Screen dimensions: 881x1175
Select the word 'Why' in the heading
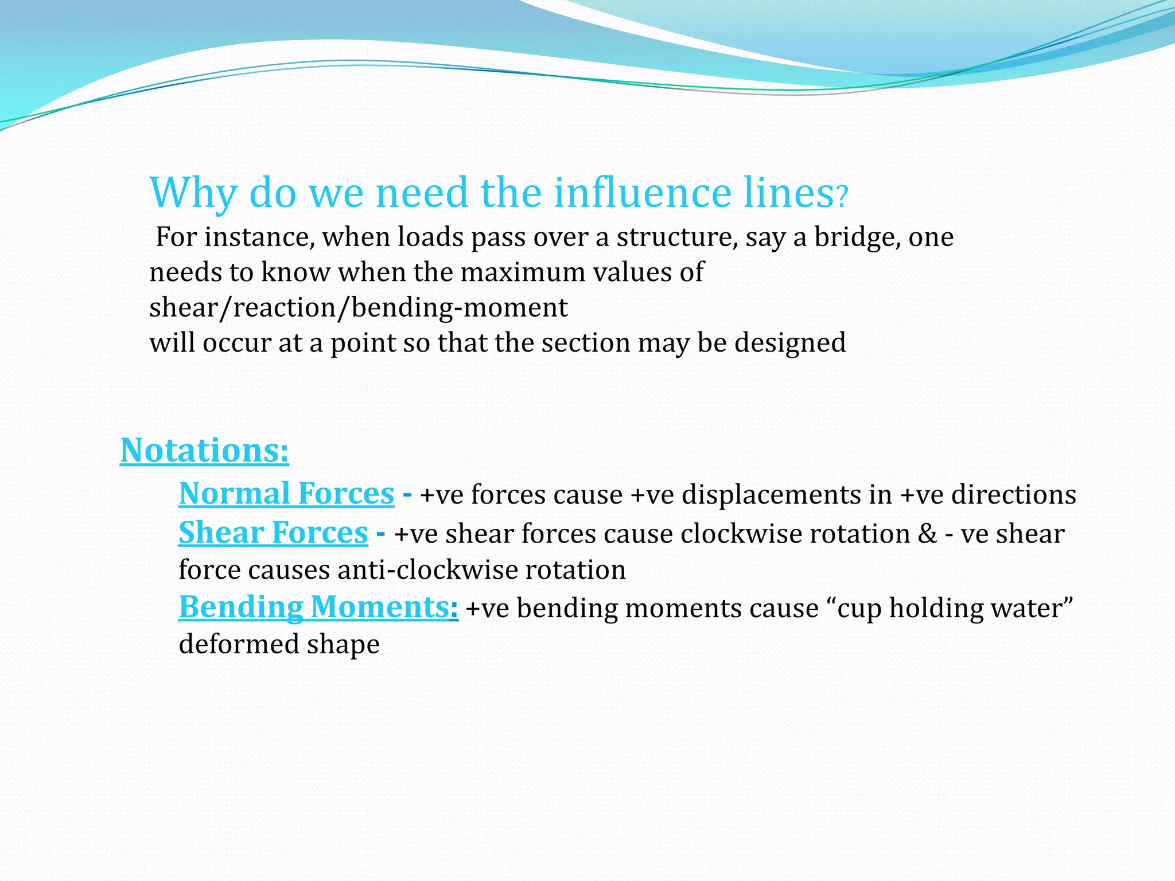pyautogui.click(x=193, y=194)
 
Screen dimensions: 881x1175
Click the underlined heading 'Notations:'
pyautogui.click(x=204, y=450)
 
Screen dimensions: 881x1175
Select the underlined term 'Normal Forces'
pyautogui.click(x=286, y=494)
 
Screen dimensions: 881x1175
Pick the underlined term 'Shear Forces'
pyautogui.click(x=273, y=533)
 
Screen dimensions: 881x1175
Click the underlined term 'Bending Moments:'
pyautogui.click(x=318, y=607)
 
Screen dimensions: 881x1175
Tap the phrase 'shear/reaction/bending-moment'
pyautogui.click(x=358, y=308)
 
